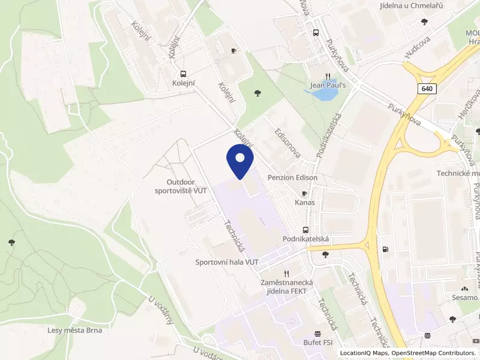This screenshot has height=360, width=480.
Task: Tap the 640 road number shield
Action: pos(427,89)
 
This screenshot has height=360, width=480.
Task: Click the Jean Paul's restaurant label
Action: pos(327,85)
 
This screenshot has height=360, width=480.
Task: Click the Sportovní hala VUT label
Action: pos(227,262)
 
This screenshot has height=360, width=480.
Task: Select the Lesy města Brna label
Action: pos(75,330)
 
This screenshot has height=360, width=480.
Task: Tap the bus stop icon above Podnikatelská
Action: pos(306,230)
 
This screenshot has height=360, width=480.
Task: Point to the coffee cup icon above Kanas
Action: pos(305,193)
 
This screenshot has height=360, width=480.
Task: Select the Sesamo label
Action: pos(466,298)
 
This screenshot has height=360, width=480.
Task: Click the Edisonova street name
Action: pos(286,142)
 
